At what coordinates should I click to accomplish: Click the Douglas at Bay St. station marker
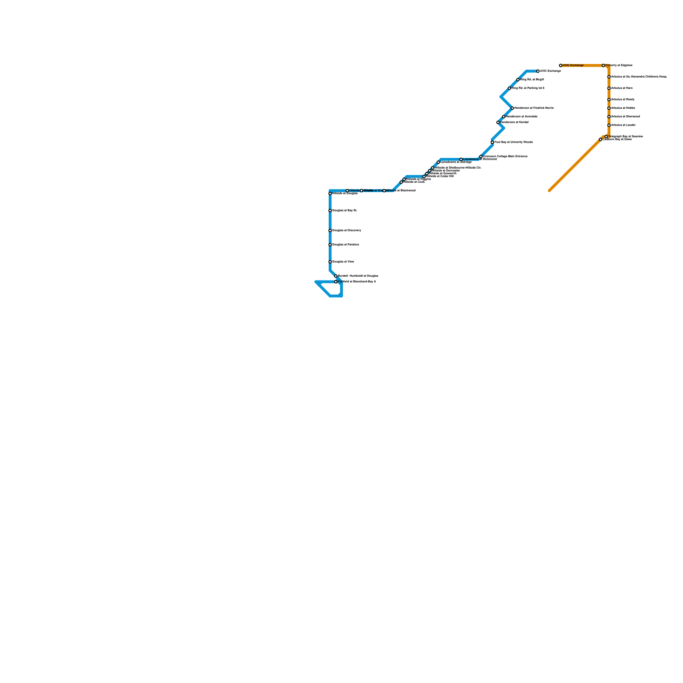[x=330, y=211]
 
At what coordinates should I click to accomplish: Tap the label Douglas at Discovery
[x=347, y=231]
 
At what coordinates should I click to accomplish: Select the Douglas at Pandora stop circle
[x=330, y=245]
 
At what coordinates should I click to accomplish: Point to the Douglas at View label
[x=343, y=262]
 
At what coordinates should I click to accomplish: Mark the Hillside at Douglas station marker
[x=330, y=194]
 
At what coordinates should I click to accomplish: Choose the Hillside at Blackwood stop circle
[x=384, y=191]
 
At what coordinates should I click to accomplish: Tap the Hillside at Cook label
[x=414, y=182]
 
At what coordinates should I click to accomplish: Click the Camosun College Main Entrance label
[x=505, y=157]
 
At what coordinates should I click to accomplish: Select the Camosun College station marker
[x=481, y=157]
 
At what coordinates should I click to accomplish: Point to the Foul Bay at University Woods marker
[x=492, y=142]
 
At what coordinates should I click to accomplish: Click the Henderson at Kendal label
[x=514, y=123]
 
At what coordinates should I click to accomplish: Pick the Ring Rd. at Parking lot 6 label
[x=528, y=88]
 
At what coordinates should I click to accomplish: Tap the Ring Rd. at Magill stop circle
[x=518, y=80]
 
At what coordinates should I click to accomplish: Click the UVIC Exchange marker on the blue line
[x=538, y=71]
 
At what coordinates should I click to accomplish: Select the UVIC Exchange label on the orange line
[x=573, y=66]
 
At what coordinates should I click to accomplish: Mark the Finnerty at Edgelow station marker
[x=603, y=66]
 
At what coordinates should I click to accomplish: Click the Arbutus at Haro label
[x=622, y=88]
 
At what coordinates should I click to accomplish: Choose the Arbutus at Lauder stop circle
[x=609, y=126]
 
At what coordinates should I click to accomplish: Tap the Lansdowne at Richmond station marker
[x=461, y=160]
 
